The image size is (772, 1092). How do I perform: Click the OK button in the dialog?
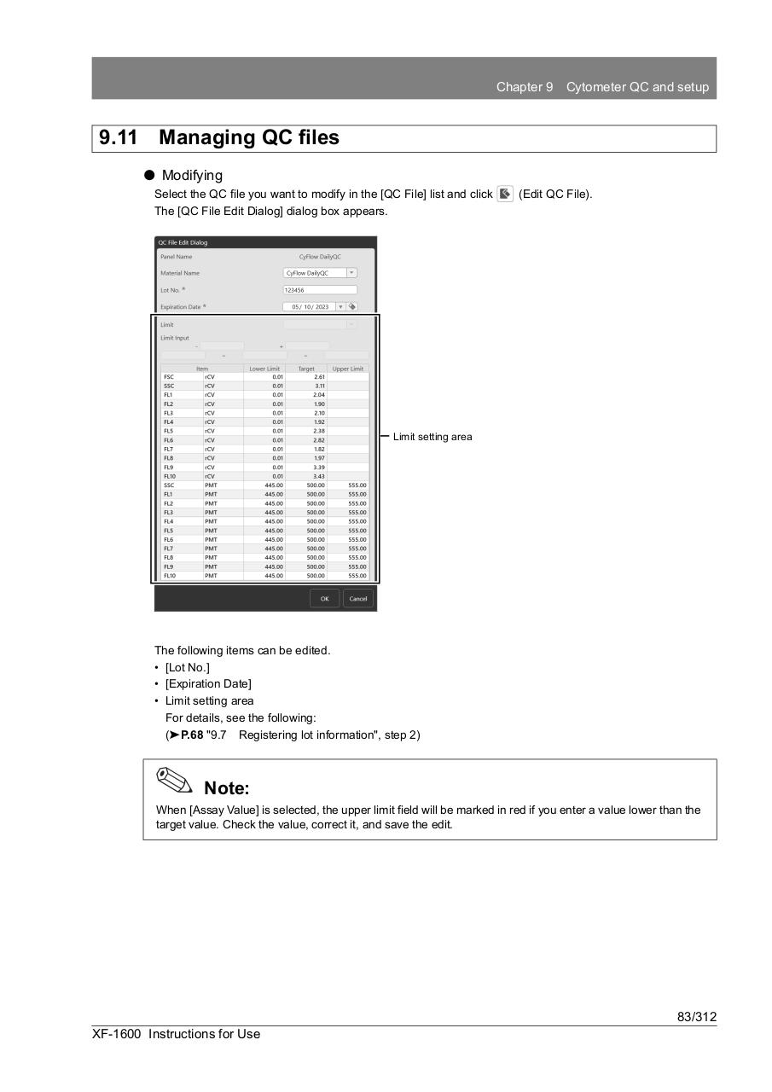tap(324, 599)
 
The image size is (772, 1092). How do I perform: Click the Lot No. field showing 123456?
tap(320, 290)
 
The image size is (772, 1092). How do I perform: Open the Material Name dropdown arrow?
tap(352, 273)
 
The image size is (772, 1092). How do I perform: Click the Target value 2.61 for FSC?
tap(318, 377)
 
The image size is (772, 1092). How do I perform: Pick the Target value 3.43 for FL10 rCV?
tap(318, 476)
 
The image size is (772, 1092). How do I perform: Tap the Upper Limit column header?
tap(347, 369)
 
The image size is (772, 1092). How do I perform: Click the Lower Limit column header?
tap(264, 369)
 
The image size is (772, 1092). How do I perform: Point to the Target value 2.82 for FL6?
tap(318, 440)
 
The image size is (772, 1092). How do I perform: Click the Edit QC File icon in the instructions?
tap(505, 194)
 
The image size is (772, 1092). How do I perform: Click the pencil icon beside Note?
tap(175, 779)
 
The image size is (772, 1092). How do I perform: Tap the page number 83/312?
tap(696, 1017)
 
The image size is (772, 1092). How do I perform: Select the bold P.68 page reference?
tap(192, 735)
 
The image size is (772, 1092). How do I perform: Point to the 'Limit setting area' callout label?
tap(432, 437)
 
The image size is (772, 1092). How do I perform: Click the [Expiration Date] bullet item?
tap(208, 684)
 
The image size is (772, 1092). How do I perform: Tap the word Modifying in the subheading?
tap(192, 175)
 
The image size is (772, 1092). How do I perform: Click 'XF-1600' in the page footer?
tap(117, 1034)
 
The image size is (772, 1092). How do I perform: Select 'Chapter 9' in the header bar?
tap(525, 87)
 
